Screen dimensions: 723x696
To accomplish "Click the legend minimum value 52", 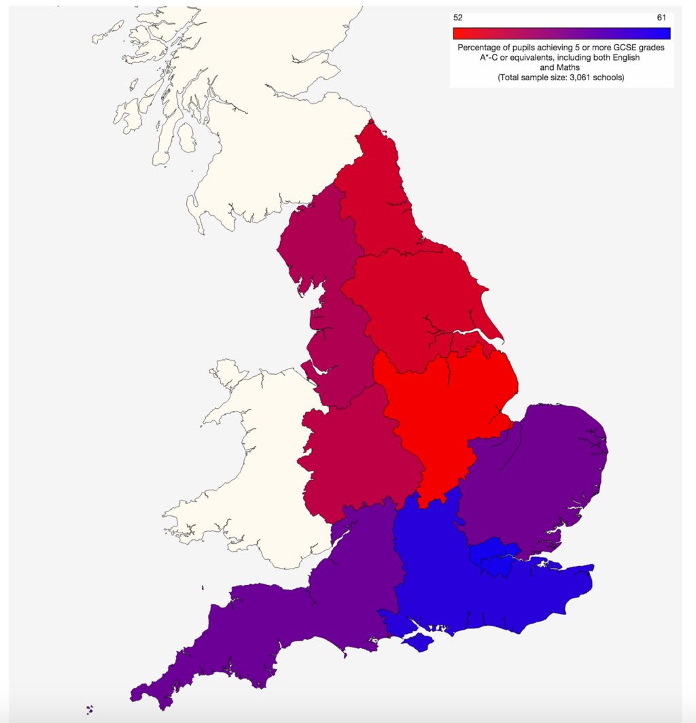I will coord(457,18).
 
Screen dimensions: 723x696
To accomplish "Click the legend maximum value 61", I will coord(662,18).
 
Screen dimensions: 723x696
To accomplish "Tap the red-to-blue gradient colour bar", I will coord(561,33).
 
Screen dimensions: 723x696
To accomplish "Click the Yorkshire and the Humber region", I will coord(415,299).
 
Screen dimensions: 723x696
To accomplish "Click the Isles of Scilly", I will coord(90,709).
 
